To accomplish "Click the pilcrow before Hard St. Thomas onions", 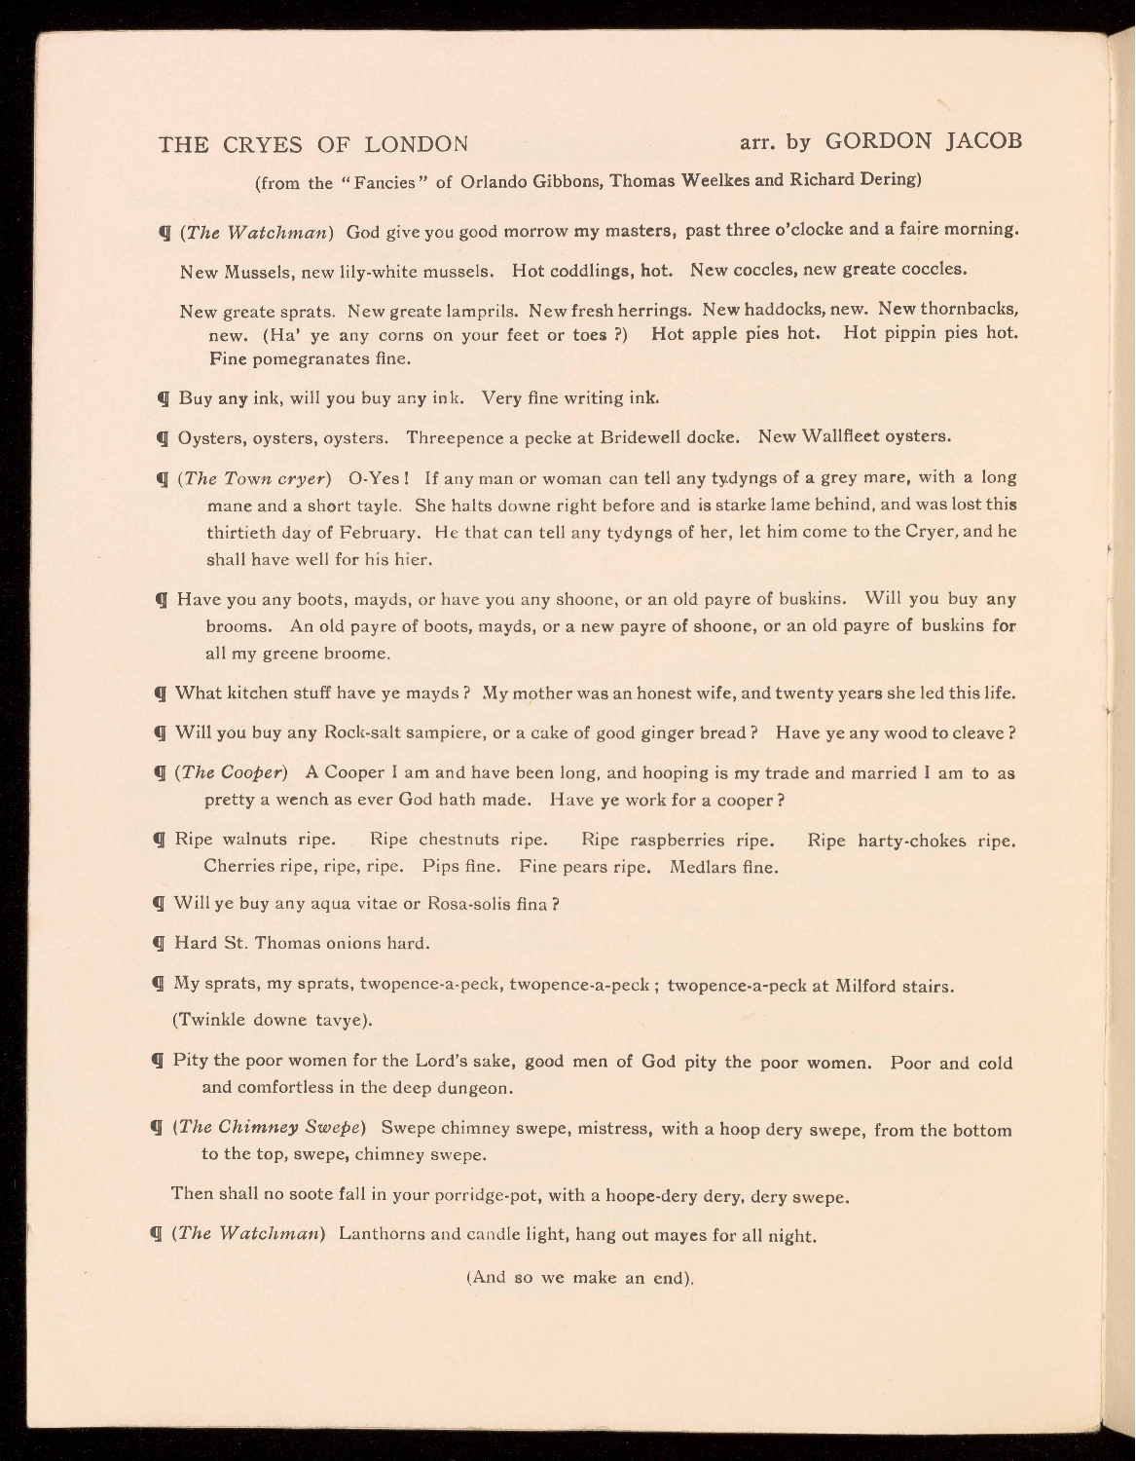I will click(161, 944).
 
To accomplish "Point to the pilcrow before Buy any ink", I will click(164, 398).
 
